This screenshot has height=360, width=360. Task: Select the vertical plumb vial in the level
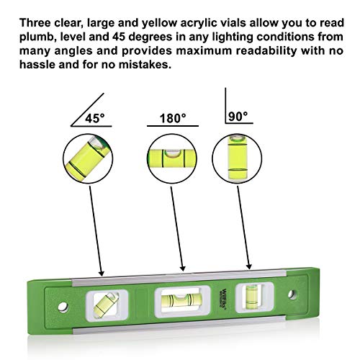point(251,295)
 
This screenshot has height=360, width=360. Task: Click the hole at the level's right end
point(294,296)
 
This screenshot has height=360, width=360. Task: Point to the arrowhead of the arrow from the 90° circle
point(249,266)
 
